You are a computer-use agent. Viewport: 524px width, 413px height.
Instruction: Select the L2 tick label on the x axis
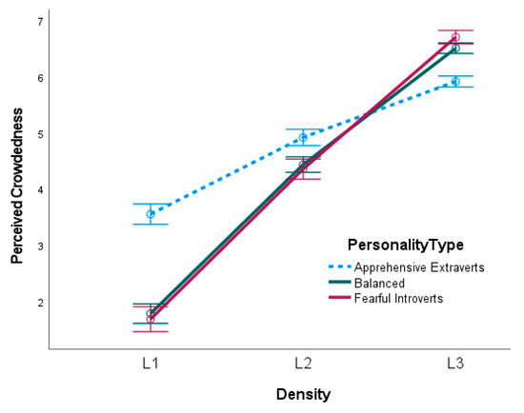pos(303,364)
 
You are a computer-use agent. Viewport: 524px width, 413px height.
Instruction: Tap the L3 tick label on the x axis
pos(455,364)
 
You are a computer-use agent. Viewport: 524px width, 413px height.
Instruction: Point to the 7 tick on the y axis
pos(39,22)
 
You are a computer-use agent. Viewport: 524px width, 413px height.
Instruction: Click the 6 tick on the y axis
pos(39,78)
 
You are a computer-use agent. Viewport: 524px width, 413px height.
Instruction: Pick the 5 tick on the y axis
pos(39,134)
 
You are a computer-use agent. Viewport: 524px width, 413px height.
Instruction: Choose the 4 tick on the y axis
pos(39,190)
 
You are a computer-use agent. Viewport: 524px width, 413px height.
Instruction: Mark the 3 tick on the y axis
pos(39,246)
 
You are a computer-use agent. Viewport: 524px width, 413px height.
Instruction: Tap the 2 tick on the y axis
pos(39,303)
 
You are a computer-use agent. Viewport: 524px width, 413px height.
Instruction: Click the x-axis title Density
pos(303,392)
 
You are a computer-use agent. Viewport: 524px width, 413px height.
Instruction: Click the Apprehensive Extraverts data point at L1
pos(151,214)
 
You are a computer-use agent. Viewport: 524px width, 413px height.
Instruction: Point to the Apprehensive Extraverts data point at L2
pos(303,137)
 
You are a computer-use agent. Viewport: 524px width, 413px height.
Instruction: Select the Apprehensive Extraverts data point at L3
pos(455,82)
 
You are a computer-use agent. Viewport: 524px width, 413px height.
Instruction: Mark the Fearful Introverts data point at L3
pos(455,37)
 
